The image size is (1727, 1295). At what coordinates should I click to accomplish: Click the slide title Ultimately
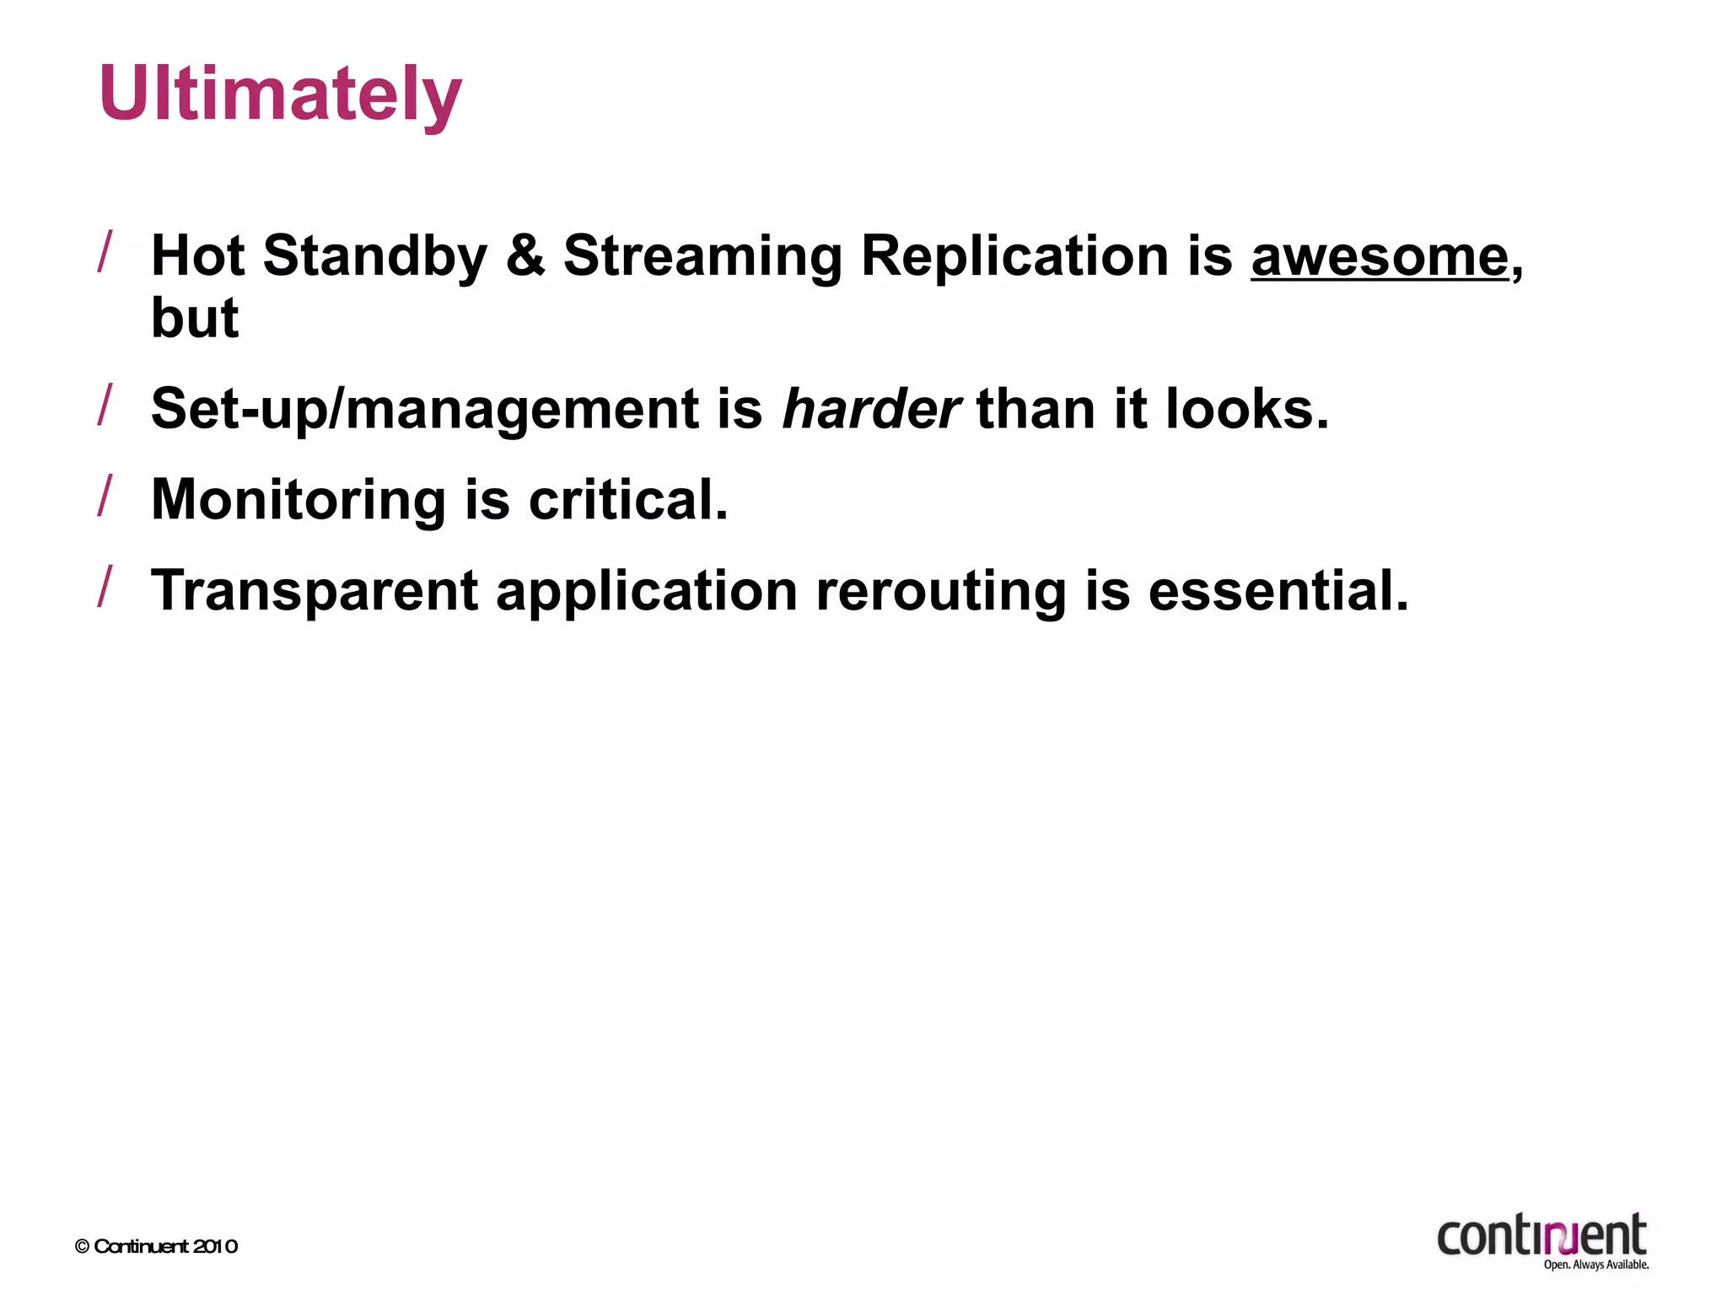pos(280,94)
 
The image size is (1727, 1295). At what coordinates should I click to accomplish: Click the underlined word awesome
pos(1380,256)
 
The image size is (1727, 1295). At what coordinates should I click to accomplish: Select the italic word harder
pos(870,409)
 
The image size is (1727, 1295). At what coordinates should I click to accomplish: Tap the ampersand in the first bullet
pos(525,256)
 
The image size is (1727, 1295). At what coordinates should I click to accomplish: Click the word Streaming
pos(702,256)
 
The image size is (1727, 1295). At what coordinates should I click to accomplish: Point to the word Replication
pos(1014,256)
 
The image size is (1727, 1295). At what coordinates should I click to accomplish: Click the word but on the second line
pos(195,319)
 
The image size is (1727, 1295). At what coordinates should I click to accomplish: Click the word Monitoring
pos(299,501)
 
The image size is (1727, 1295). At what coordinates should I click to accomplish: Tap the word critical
pos(627,501)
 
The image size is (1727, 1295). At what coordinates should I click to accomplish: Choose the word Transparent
pos(315,592)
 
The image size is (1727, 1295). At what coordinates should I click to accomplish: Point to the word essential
pos(1278,592)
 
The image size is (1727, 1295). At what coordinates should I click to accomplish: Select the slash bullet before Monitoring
pos(105,495)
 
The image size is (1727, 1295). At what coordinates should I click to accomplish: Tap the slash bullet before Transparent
pos(105,586)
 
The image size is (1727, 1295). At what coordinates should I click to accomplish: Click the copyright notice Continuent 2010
pos(157,1246)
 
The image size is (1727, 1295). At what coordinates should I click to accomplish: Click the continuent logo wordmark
pos(1541,1236)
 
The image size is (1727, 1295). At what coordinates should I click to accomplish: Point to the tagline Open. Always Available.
pos(1595,1265)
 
